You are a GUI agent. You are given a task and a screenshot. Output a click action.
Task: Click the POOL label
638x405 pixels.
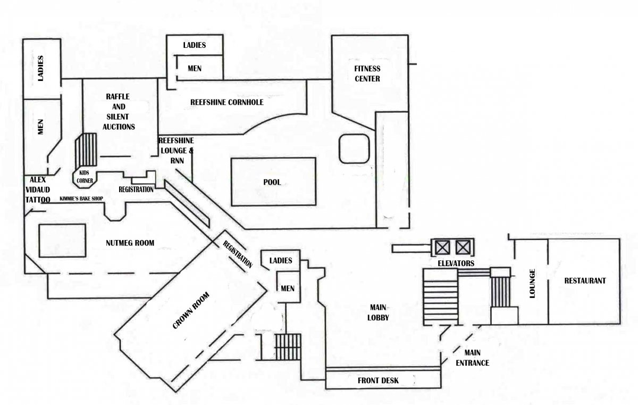coord(272,182)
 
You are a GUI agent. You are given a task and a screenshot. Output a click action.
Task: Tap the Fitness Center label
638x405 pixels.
coord(367,73)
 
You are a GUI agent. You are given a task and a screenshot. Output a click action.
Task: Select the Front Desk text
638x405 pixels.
coord(378,381)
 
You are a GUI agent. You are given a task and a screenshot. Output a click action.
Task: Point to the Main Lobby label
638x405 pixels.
coord(378,312)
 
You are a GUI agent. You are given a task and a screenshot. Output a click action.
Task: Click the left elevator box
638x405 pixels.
coord(442,247)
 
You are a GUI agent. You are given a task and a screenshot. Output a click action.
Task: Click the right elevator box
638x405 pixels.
coord(463,247)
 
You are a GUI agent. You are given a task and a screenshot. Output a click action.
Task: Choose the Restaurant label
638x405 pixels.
coord(585,281)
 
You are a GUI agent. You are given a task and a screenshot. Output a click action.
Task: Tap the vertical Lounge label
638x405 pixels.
coord(532,284)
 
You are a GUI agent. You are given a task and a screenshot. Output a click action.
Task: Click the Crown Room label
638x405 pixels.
coord(191,310)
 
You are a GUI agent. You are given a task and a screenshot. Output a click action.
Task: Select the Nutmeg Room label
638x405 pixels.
coord(130,243)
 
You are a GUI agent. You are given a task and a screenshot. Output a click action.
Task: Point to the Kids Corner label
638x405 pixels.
coord(85,177)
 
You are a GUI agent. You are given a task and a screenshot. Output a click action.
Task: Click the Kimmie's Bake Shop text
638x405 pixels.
coord(81,199)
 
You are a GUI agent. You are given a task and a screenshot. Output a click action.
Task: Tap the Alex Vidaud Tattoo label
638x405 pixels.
coord(38,190)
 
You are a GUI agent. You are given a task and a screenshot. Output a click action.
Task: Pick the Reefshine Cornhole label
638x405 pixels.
coord(226,102)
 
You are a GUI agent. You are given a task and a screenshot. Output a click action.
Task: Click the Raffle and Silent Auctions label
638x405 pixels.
coord(118,112)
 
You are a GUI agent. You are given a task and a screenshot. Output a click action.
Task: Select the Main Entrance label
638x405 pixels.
coord(472,358)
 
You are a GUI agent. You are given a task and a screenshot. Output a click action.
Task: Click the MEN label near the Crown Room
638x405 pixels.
coord(288,288)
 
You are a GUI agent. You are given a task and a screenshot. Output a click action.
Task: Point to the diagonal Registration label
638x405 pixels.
coord(238,254)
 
